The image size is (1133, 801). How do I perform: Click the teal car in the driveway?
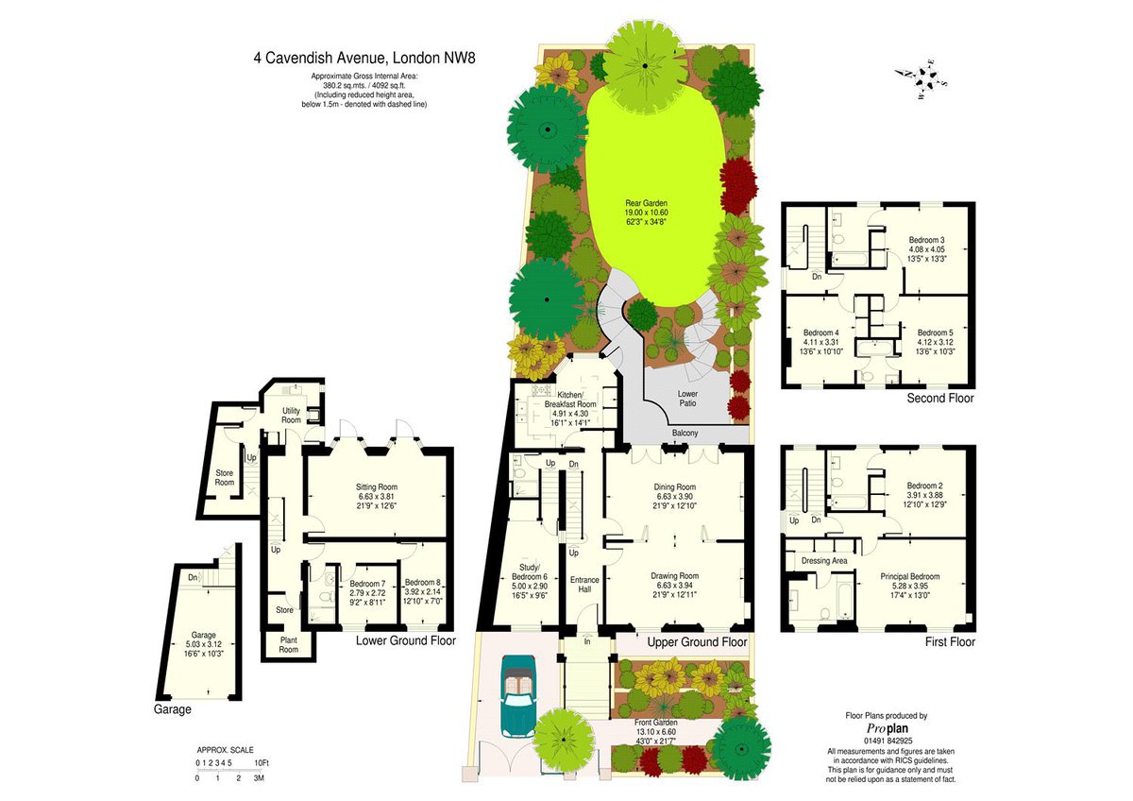point(518,697)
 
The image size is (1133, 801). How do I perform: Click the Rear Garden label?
point(646,203)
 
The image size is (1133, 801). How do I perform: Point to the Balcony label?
point(685,434)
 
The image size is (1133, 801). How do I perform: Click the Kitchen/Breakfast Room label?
point(570,400)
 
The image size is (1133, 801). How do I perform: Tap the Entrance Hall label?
point(584,585)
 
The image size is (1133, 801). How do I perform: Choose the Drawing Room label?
point(674,576)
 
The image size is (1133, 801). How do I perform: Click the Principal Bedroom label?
point(910,576)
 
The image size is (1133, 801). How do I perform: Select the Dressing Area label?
point(824,561)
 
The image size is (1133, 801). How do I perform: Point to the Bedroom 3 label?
point(926,240)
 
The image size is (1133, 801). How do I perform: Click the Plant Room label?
point(289,644)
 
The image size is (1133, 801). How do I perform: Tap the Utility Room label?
point(291,416)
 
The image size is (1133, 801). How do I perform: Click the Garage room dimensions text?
point(203,649)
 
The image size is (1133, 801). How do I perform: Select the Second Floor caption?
point(939,399)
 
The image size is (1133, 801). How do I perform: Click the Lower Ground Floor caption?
point(406,640)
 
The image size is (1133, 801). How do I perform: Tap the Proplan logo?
point(888,728)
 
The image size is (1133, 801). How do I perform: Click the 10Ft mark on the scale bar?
point(262,763)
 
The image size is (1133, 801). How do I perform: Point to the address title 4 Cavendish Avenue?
point(321,59)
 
